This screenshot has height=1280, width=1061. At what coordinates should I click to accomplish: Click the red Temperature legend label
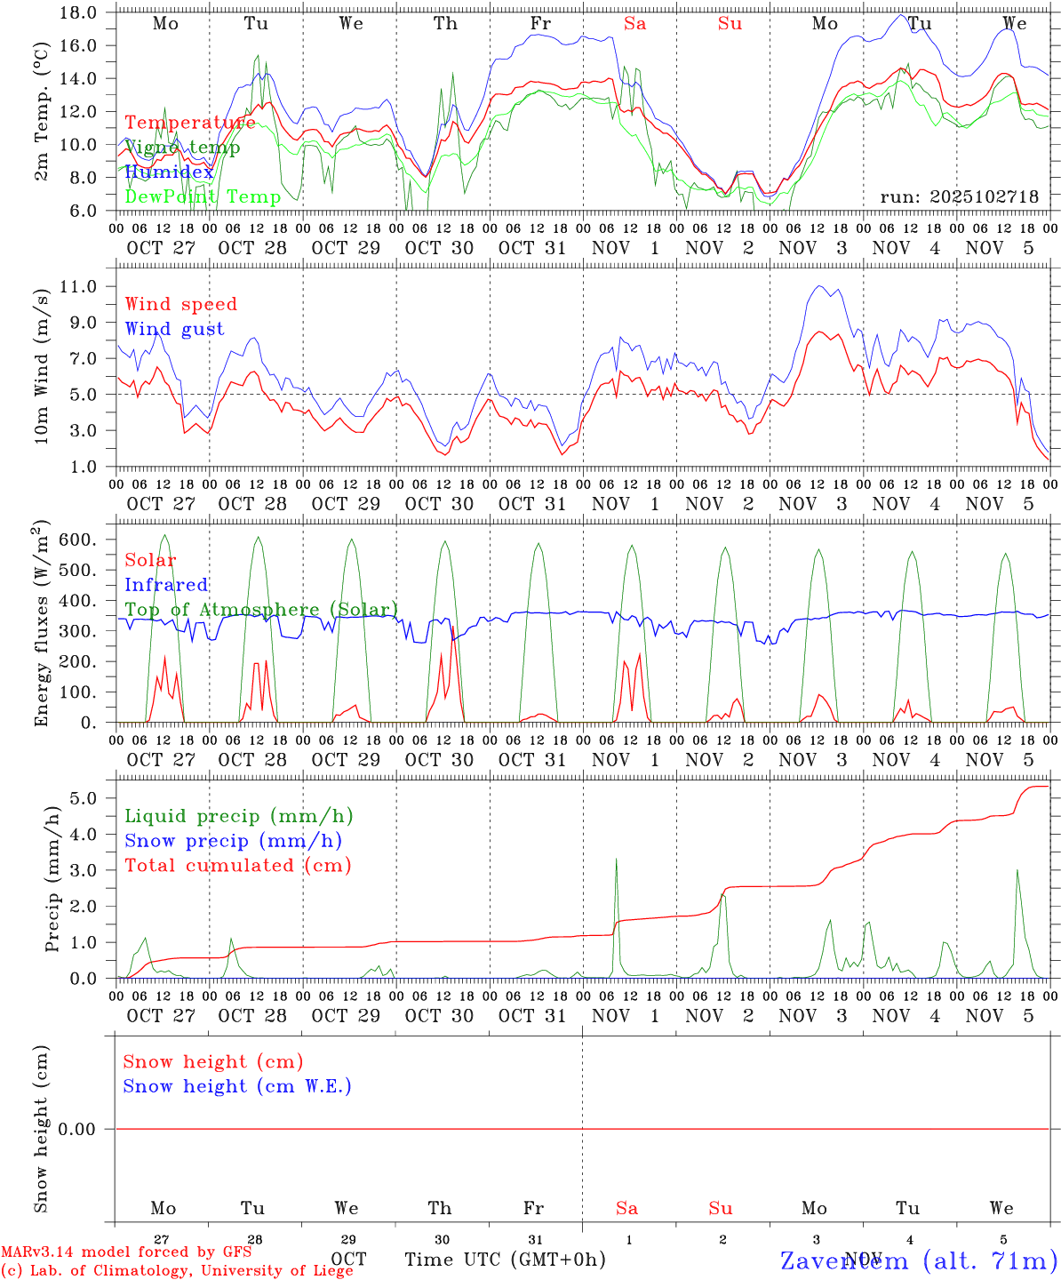[x=190, y=123]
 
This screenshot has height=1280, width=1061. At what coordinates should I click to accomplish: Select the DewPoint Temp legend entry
[x=203, y=196]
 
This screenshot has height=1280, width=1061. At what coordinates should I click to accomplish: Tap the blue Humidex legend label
[x=169, y=172]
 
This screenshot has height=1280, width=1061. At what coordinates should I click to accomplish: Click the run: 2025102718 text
[x=959, y=196]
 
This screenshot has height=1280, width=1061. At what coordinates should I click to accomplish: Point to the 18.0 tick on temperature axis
[x=79, y=12]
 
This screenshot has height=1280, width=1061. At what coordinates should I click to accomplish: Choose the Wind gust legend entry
[x=174, y=329]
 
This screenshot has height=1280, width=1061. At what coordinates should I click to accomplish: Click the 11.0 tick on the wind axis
[x=79, y=286]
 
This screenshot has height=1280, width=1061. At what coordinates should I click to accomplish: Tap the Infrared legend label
[x=166, y=585]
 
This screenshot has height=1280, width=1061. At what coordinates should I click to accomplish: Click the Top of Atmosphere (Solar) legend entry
[x=261, y=610]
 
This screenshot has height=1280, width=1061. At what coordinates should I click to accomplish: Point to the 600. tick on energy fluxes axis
[x=77, y=540]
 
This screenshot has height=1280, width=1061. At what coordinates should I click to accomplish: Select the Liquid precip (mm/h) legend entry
[x=239, y=816]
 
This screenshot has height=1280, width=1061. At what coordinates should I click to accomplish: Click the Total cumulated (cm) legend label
[x=238, y=866]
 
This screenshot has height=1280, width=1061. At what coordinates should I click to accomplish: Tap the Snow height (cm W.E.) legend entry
[x=237, y=1086]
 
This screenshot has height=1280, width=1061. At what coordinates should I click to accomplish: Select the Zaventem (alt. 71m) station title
[x=919, y=1260]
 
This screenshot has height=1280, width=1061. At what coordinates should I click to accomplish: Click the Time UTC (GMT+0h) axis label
[x=505, y=1260]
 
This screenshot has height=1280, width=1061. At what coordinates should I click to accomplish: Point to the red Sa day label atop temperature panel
[x=634, y=24]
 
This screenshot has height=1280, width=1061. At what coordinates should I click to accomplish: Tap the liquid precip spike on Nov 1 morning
[x=616, y=860]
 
